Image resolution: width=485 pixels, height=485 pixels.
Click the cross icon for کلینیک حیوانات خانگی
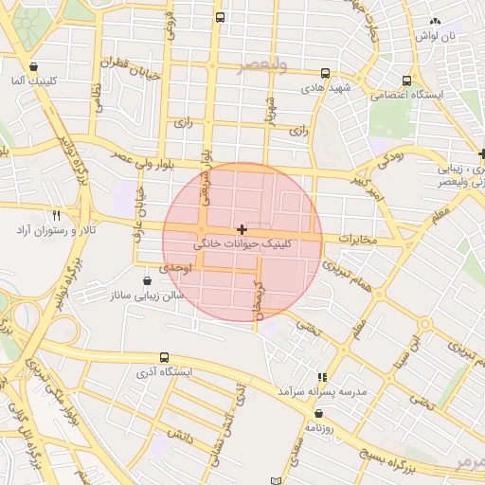242,229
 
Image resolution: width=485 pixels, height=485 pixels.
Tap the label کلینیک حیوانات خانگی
243,244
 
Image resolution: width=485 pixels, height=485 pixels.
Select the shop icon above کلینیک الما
34,67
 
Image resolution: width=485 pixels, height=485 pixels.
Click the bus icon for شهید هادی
326,73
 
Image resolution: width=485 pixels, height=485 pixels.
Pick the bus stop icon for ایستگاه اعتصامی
406,81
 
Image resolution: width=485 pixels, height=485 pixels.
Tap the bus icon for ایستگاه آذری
165,358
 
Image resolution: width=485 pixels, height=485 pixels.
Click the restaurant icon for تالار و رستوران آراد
56,216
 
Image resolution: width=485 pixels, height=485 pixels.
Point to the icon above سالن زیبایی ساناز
147,281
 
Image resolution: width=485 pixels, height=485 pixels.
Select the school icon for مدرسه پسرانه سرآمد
322,377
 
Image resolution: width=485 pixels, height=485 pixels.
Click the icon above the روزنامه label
318,413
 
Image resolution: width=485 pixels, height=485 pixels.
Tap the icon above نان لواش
435,21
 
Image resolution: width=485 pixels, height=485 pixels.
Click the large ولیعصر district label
262,64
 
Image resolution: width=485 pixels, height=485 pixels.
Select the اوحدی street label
175,268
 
